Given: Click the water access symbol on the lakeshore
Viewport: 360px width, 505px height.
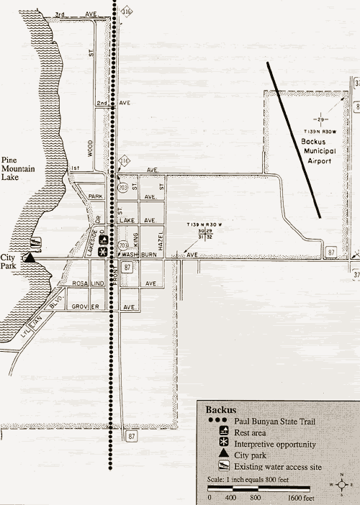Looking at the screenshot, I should pyautogui.click(x=36, y=241).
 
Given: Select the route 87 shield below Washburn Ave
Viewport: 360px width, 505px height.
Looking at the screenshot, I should pyautogui.click(x=127, y=268).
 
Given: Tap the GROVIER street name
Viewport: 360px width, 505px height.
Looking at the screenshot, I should pyautogui.click(x=84, y=306).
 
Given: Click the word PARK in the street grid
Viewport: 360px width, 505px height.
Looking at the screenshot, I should pyautogui.click(x=94, y=196).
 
